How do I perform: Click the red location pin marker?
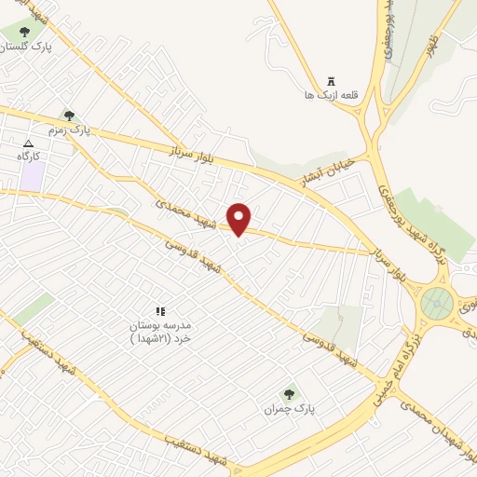pos(239,218)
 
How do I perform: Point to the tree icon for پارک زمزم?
pos(69,116)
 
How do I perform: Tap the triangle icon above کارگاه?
pos(28,143)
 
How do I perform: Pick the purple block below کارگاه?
pos(32,176)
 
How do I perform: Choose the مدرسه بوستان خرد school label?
pos(159,331)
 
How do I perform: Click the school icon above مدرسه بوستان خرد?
pos(159,311)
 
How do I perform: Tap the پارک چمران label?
pos(285,408)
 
